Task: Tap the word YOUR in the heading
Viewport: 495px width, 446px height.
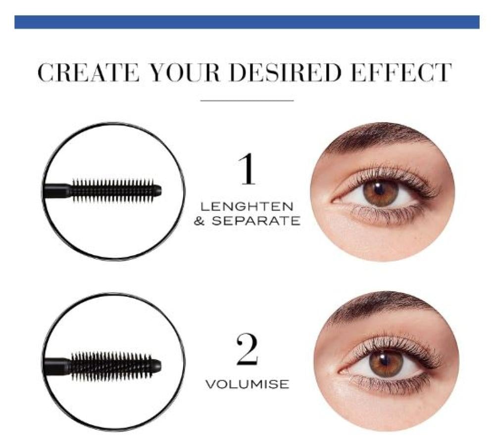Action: coord(185,73)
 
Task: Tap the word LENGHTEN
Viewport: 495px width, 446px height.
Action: coord(247,207)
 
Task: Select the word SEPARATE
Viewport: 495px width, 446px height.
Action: coord(255,221)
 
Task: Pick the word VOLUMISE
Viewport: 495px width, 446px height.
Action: coord(247,385)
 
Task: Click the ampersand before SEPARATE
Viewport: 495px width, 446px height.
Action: coord(199,221)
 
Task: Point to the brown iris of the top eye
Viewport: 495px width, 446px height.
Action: coord(381,192)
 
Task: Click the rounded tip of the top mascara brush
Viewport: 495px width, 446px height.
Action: coord(158,190)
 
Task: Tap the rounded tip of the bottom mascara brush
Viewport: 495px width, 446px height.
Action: coord(157,365)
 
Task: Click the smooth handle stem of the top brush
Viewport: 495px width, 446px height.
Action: coord(57,191)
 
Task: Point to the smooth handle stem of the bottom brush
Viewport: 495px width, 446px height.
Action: coord(57,366)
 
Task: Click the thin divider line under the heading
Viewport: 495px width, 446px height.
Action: coord(247,100)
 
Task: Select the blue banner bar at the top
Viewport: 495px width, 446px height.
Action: coord(247,22)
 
